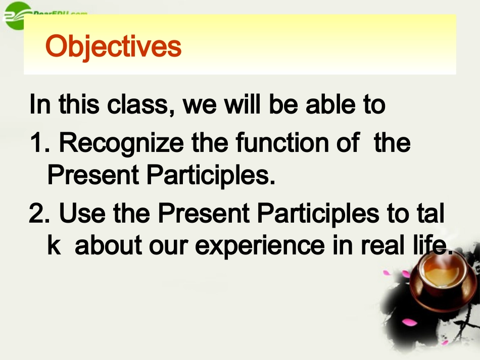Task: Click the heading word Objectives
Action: (113, 46)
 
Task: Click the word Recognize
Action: (121, 143)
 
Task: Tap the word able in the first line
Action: (329, 105)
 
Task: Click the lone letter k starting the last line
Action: (53, 245)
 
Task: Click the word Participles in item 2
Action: (318, 214)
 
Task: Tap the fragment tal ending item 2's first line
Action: (431, 214)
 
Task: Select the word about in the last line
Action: (101, 245)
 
